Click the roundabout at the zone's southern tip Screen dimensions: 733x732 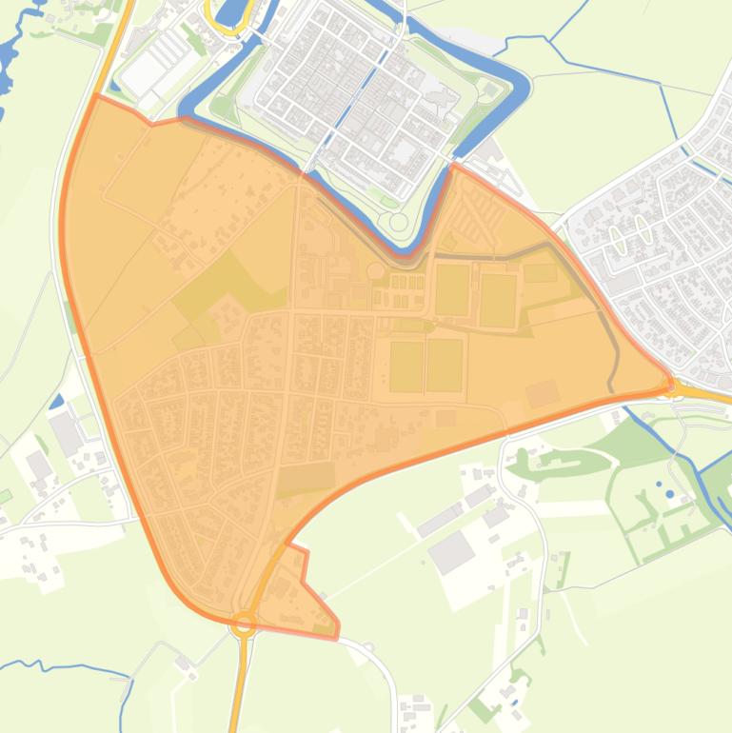pyautogui.click(x=245, y=624)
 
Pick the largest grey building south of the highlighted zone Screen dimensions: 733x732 pyautogui.click(x=452, y=551)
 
